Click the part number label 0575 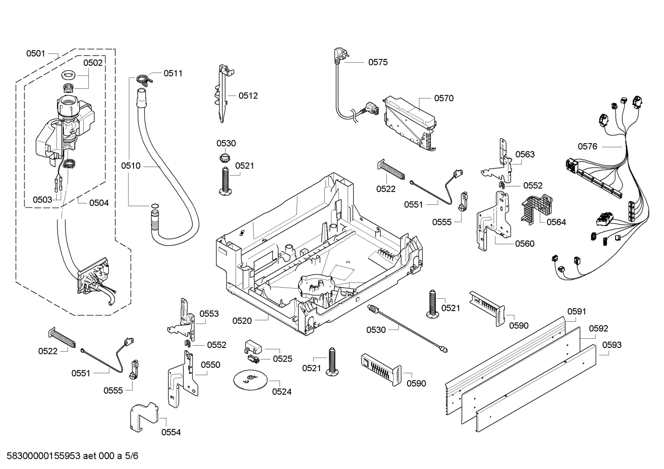pyautogui.click(x=378, y=62)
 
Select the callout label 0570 pyautogui.click(x=443, y=98)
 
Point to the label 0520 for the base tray pyautogui.click(x=242, y=321)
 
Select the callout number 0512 pyautogui.click(x=248, y=96)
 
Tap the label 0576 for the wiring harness pyautogui.click(x=587, y=146)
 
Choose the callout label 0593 pyautogui.click(x=612, y=345)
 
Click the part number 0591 pyautogui.click(x=576, y=312)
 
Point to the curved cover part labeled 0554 pyautogui.click(x=144, y=416)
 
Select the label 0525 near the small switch pyautogui.click(x=282, y=359)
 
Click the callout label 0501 pyautogui.click(x=35, y=53)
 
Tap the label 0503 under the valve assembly pyautogui.click(x=42, y=199)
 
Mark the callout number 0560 pyautogui.click(x=524, y=243)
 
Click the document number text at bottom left pyautogui.click(x=70, y=456)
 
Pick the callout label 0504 pyautogui.click(x=99, y=203)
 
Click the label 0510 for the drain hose pyautogui.click(x=131, y=166)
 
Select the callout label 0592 pyautogui.click(x=598, y=329)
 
